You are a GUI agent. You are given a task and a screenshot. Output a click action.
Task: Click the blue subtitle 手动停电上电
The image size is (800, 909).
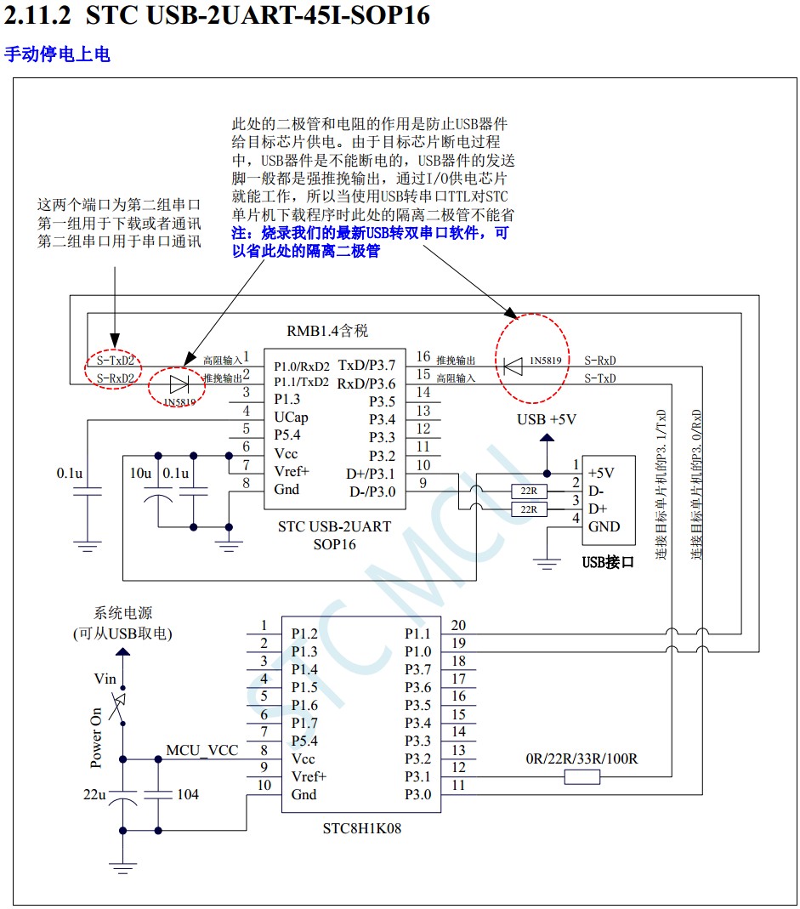[57, 54]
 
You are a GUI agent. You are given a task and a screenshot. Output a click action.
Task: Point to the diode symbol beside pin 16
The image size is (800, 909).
[512, 366]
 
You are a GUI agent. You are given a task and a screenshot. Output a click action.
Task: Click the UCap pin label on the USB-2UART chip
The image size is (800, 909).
[291, 418]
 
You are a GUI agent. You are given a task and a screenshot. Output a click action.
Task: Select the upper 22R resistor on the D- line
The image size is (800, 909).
[529, 491]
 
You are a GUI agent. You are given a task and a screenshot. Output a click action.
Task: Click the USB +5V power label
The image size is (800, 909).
[547, 419]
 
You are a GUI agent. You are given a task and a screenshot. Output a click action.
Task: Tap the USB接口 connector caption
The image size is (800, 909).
[608, 562]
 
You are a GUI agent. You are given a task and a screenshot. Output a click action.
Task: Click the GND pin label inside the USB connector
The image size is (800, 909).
[604, 526]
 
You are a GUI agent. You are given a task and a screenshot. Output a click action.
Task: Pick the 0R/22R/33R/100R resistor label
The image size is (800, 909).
[582, 758]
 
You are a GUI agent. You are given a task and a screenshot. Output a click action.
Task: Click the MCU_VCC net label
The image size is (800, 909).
[201, 749]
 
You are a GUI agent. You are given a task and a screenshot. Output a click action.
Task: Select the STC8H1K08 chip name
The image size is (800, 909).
[361, 827]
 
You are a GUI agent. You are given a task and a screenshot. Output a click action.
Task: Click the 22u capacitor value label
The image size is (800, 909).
[94, 794]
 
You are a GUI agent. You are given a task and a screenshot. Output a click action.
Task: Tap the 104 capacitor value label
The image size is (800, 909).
[187, 794]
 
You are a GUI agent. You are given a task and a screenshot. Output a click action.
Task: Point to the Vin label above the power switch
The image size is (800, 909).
[105, 679]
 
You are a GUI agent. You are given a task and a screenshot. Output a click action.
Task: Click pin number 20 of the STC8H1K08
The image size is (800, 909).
[458, 626]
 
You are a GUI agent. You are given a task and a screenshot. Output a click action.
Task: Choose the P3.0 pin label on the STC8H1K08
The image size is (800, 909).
[417, 795]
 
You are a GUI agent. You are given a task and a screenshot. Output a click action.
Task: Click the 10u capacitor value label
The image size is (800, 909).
[140, 473]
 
